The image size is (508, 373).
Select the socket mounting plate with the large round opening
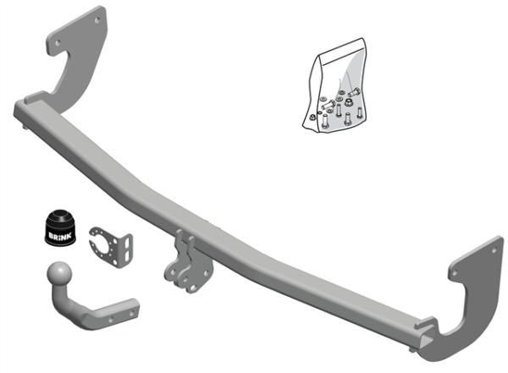pos(110,242)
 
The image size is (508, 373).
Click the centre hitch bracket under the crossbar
pos(183,258)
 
